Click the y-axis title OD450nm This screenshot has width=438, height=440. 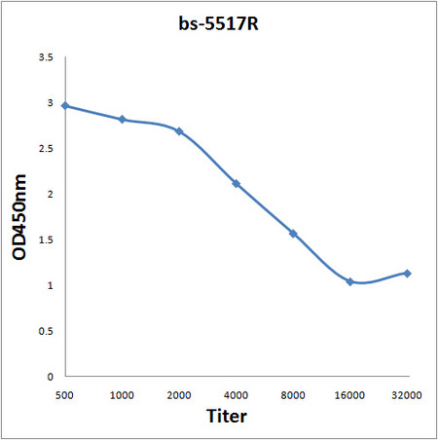(20, 217)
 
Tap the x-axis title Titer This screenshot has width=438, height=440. (226, 417)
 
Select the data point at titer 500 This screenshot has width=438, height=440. (65, 105)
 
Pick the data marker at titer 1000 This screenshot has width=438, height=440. (122, 120)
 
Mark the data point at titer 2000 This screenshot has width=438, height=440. (179, 131)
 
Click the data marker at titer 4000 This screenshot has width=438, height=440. (236, 184)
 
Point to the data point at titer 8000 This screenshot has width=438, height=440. (293, 234)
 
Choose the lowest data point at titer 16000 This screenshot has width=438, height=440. (349, 281)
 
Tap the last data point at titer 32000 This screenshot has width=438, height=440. (407, 274)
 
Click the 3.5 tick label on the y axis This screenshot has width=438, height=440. (45, 57)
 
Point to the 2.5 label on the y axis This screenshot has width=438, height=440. (45, 149)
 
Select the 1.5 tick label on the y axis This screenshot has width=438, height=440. (45, 239)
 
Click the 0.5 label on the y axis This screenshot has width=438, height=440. (45, 331)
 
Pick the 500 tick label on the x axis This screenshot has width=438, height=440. (65, 395)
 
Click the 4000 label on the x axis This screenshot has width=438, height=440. (236, 395)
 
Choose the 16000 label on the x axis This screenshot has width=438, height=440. (349, 395)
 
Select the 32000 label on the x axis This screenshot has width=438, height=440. (407, 395)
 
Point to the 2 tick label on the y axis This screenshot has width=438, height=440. (50, 195)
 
